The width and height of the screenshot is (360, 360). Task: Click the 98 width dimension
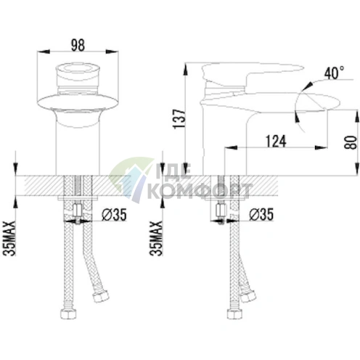pos(78,45)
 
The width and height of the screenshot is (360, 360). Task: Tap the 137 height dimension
pos(179,119)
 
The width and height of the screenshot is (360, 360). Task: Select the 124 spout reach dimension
pos(276,142)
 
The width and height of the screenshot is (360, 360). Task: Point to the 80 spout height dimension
pos(351,142)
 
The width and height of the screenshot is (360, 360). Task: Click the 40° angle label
pos(334,73)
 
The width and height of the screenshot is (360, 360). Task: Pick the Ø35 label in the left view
pos(114,215)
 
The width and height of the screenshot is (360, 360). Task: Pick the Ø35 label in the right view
pos(261,214)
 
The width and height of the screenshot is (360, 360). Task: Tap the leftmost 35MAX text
pos(9,238)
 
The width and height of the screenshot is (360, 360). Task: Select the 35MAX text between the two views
pos(156,238)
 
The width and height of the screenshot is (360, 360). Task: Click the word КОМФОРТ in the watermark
pos(200,191)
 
